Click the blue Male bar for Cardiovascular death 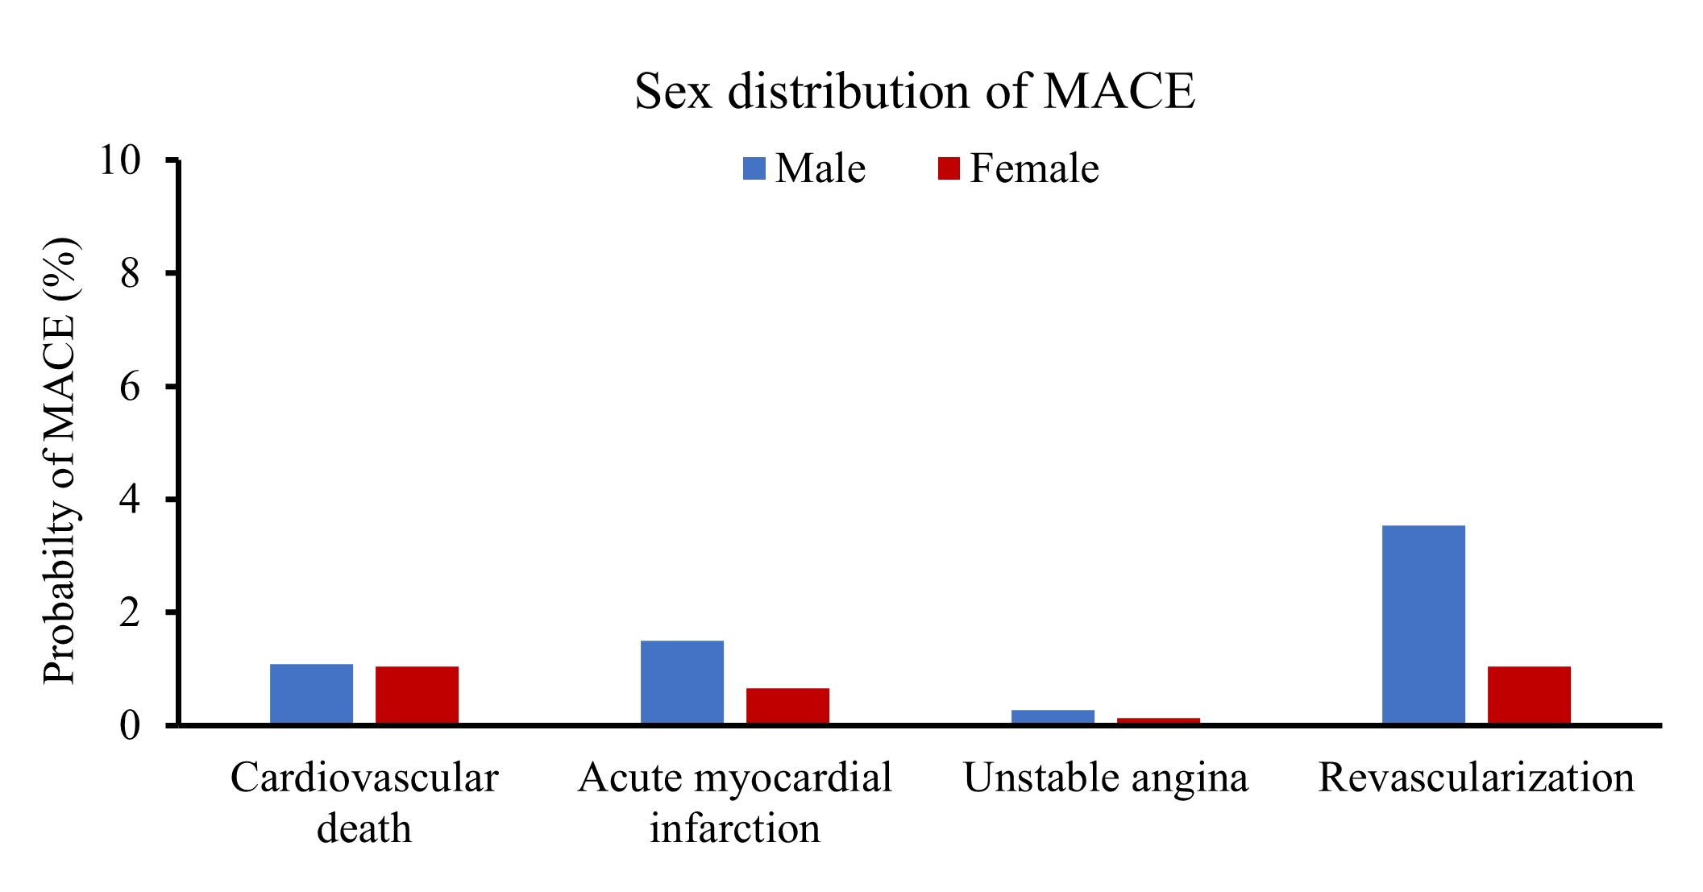(311, 694)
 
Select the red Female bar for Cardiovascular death (417, 695)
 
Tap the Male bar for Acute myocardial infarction (682, 682)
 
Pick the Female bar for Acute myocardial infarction (787, 706)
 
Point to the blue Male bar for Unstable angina (1053, 716)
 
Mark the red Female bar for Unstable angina (1158, 720)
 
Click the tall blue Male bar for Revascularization (1423, 624)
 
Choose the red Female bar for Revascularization (1529, 695)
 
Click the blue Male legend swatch (754, 168)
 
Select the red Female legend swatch (949, 168)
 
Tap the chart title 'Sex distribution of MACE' (915, 91)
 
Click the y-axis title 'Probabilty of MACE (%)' (60, 460)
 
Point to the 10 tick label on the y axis (120, 160)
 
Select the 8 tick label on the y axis (130, 274)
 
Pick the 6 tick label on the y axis (130, 387)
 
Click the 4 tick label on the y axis (130, 500)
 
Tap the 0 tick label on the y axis (130, 726)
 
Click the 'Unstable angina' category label (1106, 778)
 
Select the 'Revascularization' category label (1476, 778)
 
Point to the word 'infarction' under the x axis (735, 828)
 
